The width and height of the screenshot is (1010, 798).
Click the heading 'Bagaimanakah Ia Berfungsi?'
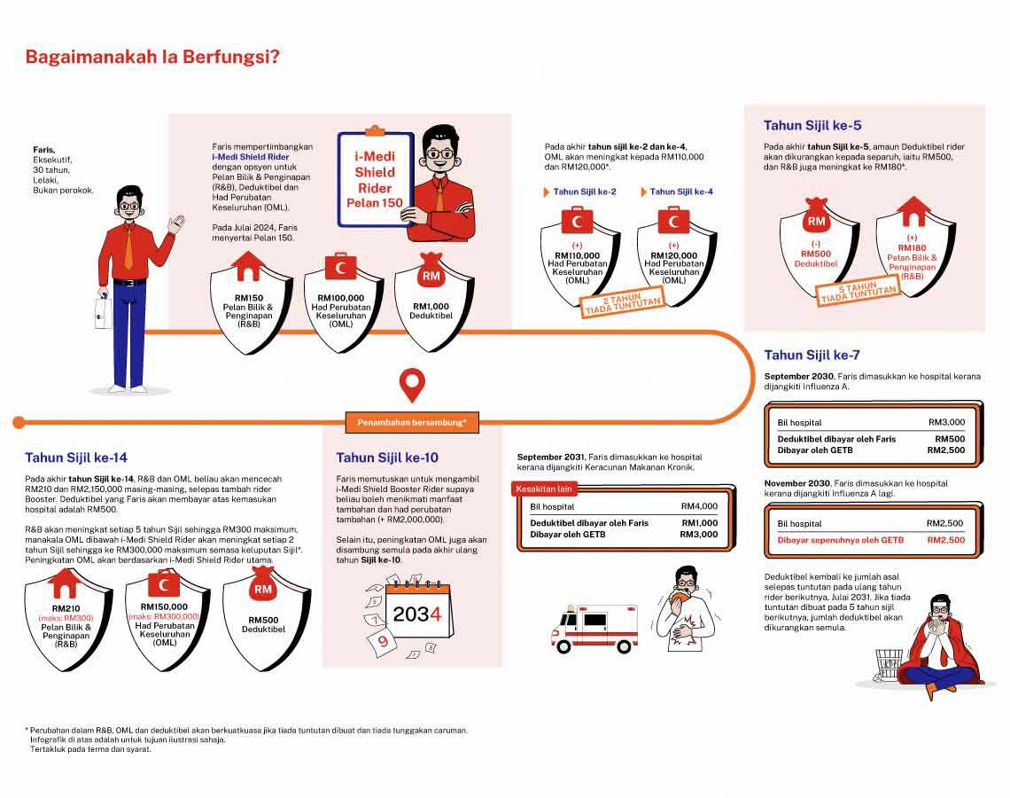click(x=152, y=59)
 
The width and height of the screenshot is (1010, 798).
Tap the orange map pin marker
click(x=412, y=385)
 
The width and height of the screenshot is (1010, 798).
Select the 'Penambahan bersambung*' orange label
click(x=412, y=423)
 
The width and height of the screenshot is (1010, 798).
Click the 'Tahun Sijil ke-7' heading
click(x=812, y=356)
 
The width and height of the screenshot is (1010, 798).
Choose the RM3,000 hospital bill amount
click(x=947, y=422)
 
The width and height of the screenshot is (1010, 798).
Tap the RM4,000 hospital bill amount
click(x=699, y=506)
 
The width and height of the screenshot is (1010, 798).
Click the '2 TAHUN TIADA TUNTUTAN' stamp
click(x=623, y=302)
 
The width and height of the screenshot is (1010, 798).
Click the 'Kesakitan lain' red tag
click(x=545, y=489)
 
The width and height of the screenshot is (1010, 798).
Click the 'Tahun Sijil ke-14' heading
click(x=76, y=458)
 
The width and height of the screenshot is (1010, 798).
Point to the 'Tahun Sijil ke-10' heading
click(x=387, y=458)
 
